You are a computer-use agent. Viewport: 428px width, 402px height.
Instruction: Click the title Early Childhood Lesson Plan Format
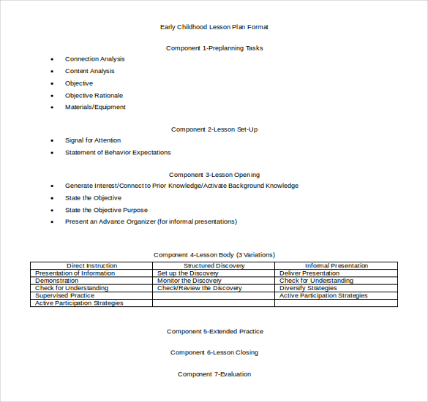(x=214, y=27)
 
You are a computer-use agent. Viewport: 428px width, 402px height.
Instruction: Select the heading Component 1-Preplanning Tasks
(x=214, y=48)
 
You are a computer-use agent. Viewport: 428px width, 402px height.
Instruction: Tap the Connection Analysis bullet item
(x=94, y=59)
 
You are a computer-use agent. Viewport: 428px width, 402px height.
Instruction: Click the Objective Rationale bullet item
(x=94, y=95)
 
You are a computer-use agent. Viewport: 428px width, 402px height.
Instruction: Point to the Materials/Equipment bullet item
(x=95, y=107)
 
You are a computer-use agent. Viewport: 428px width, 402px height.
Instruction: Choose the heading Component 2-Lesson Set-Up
(x=214, y=129)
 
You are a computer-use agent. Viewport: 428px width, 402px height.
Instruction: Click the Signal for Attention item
(x=93, y=140)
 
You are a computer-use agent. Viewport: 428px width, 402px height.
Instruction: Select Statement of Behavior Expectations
(x=118, y=153)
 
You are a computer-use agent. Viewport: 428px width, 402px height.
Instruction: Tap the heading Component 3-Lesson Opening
(x=214, y=175)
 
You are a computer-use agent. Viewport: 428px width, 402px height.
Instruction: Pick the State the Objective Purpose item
(x=106, y=211)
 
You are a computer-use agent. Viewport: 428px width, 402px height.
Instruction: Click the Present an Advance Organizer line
(x=151, y=222)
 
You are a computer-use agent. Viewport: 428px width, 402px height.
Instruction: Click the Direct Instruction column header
(x=91, y=266)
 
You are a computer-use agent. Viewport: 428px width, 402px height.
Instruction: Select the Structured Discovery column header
(x=214, y=266)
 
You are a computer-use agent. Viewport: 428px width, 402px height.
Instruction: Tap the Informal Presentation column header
(x=337, y=266)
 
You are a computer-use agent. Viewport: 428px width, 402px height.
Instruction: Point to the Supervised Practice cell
(x=64, y=295)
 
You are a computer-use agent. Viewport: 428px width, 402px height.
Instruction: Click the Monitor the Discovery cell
(x=189, y=281)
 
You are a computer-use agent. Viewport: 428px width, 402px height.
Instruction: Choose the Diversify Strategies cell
(x=308, y=288)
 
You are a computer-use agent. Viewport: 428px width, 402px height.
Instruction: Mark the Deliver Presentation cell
(x=309, y=273)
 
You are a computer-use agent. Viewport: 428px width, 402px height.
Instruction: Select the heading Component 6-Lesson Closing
(x=214, y=352)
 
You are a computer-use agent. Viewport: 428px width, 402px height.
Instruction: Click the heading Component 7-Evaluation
(x=214, y=374)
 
